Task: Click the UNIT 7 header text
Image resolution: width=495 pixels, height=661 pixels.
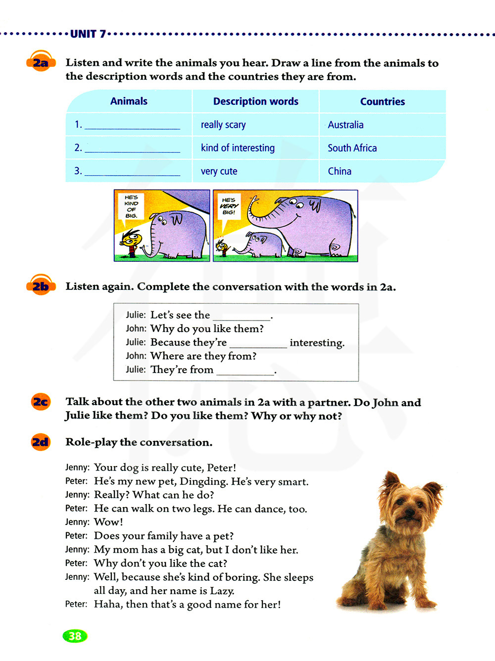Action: pos(88,34)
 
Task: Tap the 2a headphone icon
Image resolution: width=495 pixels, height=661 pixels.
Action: pos(41,62)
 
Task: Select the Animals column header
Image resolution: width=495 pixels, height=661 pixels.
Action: pos(129,101)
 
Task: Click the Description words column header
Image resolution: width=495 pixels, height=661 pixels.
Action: pos(255,101)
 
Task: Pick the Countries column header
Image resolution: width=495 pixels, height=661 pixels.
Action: pos(382,101)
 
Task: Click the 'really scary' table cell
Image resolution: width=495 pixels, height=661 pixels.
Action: pos(223,125)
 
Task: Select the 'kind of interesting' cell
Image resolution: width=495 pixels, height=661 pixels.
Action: pos(238,148)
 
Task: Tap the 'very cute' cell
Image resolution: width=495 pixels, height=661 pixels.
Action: pos(219,171)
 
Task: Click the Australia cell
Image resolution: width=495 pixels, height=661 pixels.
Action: pos(346,125)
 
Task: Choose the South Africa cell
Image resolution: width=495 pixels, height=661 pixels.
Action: pos(352,148)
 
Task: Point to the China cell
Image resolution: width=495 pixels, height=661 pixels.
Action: pos(340,171)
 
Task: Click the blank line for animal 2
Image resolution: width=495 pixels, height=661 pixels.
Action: pos(132,148)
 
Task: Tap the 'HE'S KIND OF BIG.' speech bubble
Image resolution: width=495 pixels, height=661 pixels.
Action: pos(131,206)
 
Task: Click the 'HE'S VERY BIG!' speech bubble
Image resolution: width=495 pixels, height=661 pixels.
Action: pos(229,206)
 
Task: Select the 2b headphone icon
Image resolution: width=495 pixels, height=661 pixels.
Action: pos(41,285)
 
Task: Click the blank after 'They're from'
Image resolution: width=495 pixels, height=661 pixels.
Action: pos(246,371)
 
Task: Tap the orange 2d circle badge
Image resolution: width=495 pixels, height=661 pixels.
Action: pos(41,441)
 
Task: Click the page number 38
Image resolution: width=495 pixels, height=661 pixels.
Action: pos(75,636)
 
